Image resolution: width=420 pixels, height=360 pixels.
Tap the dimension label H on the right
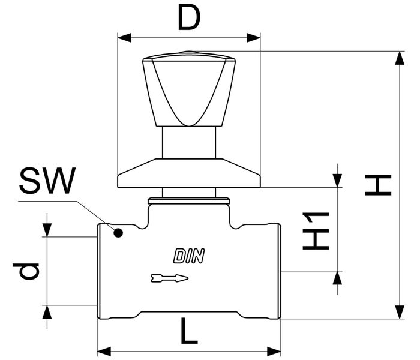379,186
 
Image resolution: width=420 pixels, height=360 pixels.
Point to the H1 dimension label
316,230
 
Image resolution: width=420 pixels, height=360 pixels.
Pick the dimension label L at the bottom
188,331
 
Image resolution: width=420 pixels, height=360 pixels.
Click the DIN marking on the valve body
190,256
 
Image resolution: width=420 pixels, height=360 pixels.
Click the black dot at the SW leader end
119,232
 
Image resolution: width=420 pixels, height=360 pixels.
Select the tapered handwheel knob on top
188,90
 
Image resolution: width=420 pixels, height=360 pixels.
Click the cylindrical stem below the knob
189,143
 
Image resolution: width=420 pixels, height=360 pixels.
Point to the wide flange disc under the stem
189,174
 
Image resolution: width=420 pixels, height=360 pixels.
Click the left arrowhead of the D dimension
124,38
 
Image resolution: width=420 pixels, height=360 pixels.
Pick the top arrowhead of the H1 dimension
337,181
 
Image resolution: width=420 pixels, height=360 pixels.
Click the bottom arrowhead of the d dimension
47,311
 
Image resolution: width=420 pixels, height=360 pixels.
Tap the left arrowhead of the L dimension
104,350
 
